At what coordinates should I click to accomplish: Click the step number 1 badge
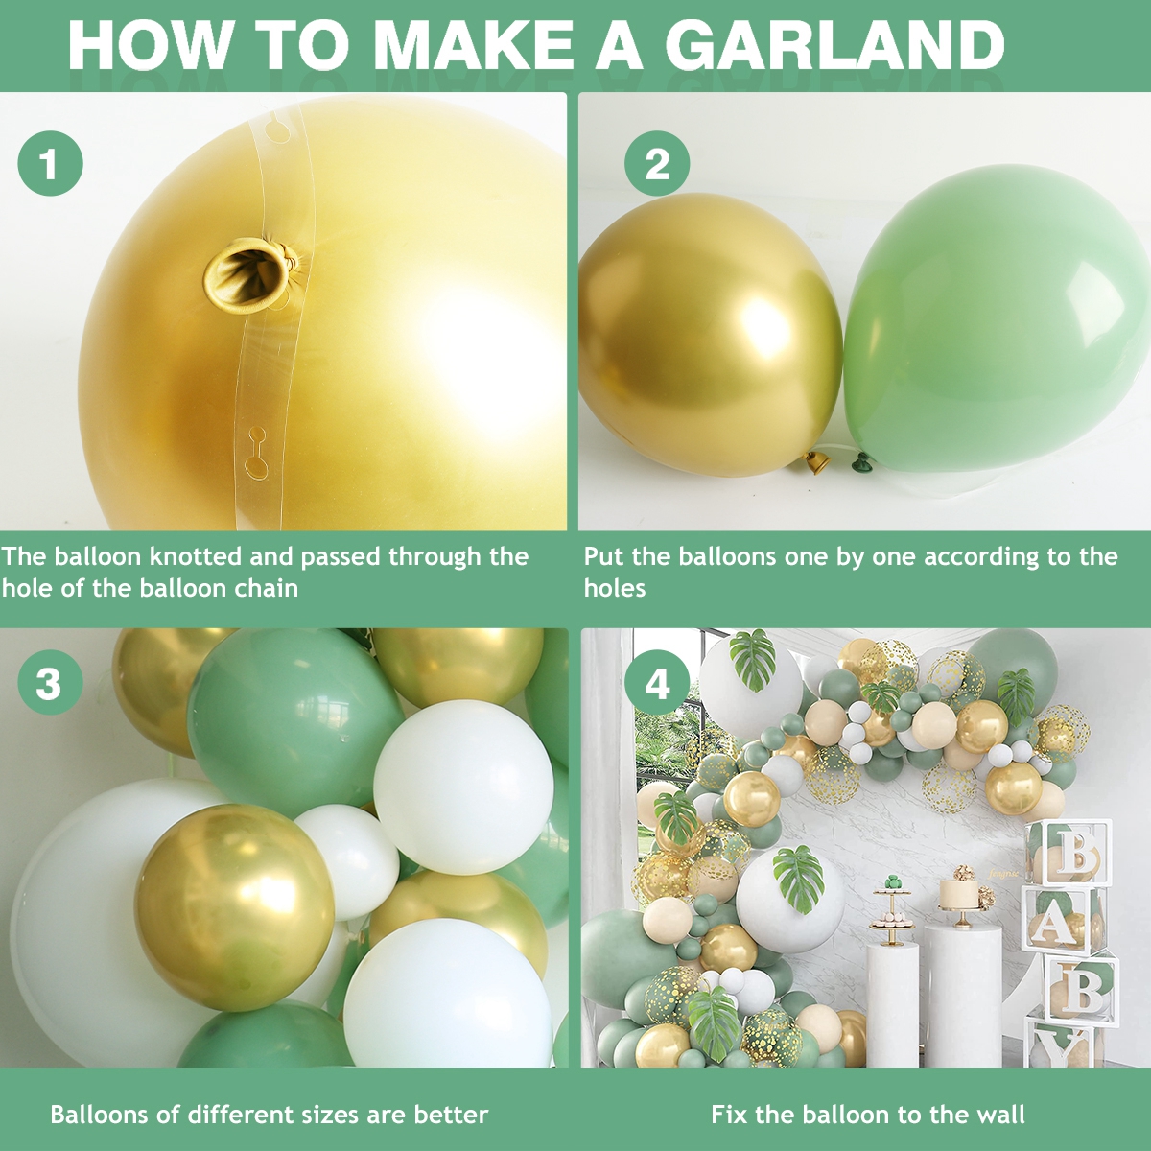click(x=50, y=164)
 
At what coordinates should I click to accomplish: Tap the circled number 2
click(x=657, y=164)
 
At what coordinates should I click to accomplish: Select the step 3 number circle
click(x=50, y=684)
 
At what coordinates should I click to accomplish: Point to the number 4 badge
click(x=657, y=684)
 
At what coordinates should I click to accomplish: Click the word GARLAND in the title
click(x=834, y=45)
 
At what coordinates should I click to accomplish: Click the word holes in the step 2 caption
click(x=615, y=588)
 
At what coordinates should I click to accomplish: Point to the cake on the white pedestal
click(x=958, y=892)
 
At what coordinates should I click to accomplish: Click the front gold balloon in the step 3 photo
click(x=234, y=907)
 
